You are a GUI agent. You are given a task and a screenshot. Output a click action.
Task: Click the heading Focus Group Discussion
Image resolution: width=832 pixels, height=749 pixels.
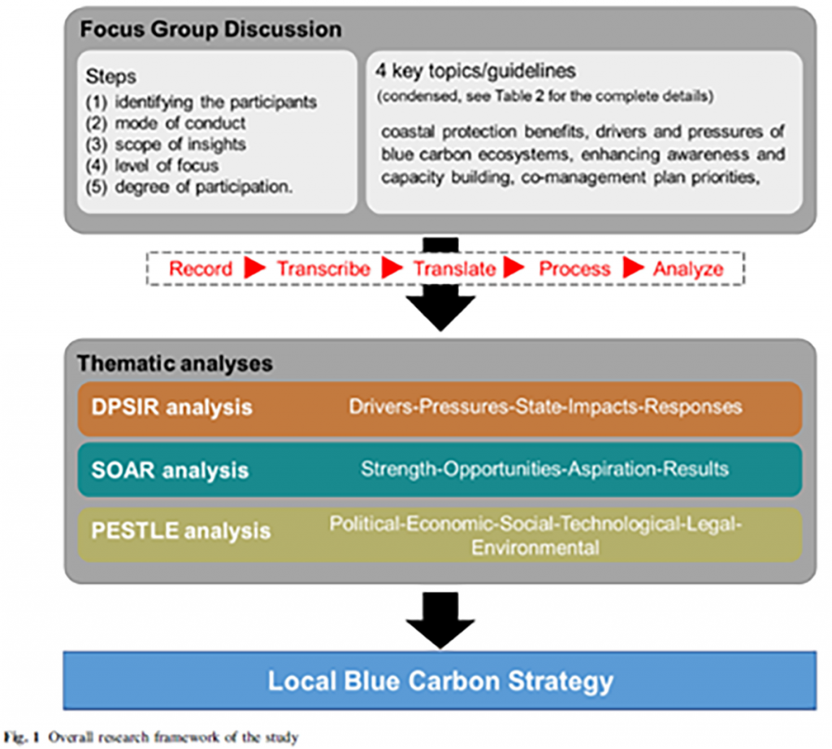click(x=210, y=31)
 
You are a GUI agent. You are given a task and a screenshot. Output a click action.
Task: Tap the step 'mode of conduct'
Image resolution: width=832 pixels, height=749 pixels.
click(x=167, y=123)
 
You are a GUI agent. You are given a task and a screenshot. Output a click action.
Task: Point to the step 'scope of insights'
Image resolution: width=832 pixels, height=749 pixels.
click(x=167, y=145)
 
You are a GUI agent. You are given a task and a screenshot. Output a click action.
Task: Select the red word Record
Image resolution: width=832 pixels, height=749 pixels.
click(x=200, y=269)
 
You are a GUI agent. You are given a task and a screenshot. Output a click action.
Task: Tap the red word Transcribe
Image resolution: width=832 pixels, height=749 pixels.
click(x=323, y=269)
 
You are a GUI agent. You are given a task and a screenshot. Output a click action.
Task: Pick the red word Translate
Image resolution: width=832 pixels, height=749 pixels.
click(x=454, y=269)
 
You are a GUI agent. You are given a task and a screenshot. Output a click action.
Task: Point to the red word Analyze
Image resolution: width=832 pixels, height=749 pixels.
click(x=688, y=269)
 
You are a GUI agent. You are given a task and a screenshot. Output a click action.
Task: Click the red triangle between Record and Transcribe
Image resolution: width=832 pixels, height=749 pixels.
click(x=255, y=269)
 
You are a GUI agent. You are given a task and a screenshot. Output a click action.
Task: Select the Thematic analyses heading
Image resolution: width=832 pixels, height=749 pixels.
click(x=175, y=363)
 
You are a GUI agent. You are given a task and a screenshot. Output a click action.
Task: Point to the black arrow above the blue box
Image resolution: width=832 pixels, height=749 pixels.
click(x=440, y=617)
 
